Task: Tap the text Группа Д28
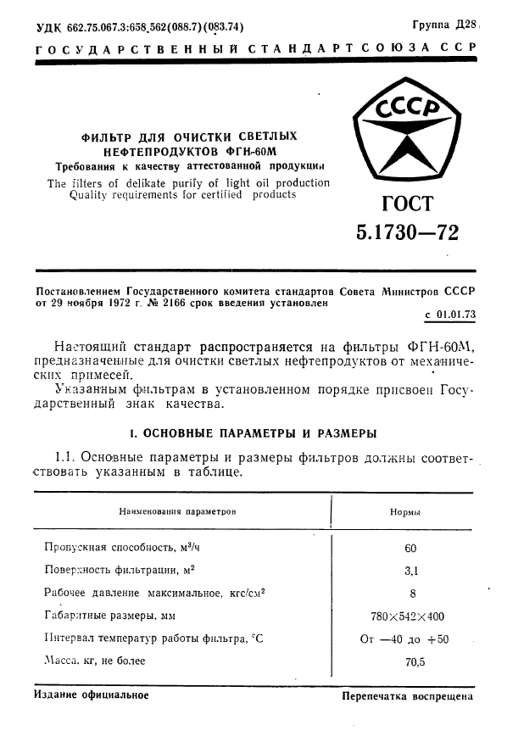[x=446, y=25]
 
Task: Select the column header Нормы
[x=405, y=512]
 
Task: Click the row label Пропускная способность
[x=109, y=548]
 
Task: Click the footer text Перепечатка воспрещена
[x=406, y=696]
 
